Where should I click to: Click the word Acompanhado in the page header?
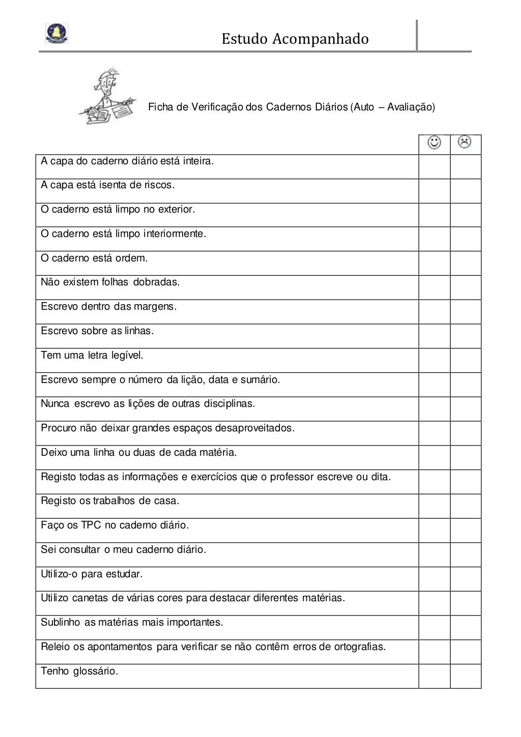(320, 39)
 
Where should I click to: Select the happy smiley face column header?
(435, 142)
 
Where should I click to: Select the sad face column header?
(465, 142)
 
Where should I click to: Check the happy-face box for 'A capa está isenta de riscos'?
(435, 191)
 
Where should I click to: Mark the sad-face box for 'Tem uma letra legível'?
(466, 361)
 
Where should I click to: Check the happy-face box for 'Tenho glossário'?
(435, 676)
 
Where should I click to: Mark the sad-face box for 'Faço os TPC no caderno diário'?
(466, 530)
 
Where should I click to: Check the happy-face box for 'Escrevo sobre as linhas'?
(435, 336)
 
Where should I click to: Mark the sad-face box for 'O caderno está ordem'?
(466, 263)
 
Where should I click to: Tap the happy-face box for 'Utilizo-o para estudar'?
(435, 579)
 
